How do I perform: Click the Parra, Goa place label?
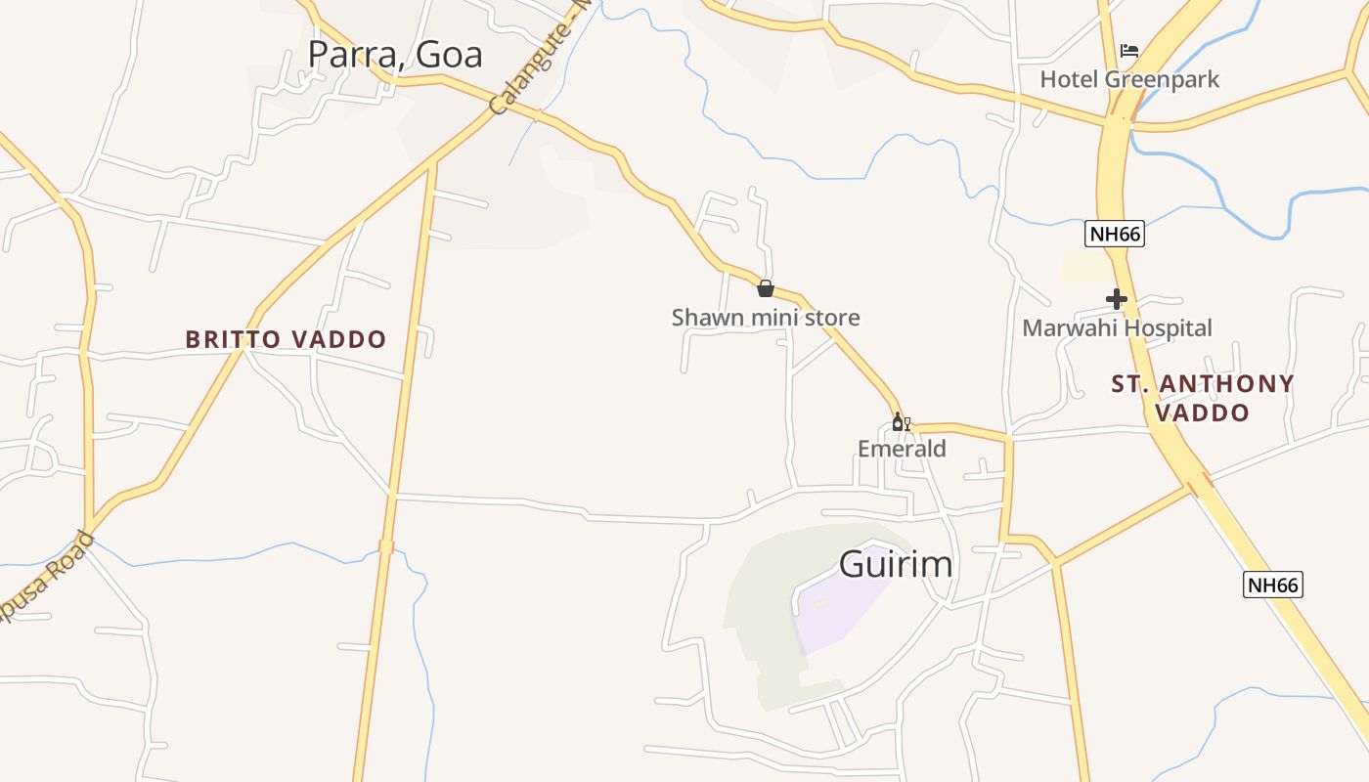[395, 55]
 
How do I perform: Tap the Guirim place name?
[896, 564]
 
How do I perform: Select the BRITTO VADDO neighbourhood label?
[287, 339]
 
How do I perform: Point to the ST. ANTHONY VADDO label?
[1203, 398]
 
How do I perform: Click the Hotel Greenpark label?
[1129, 79]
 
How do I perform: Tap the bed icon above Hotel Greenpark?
[1129, 50]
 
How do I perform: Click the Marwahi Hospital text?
[1117, 327]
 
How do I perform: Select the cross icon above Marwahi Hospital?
[1116, 299]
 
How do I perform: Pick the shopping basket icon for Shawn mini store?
[766, 288]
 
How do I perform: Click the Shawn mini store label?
[766, 317]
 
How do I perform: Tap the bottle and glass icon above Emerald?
[901, 422]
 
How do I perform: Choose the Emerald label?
[902, 449]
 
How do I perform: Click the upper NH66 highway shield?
[1114, 235]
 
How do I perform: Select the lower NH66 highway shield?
[1273, 585]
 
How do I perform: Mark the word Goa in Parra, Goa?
[449, 55]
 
